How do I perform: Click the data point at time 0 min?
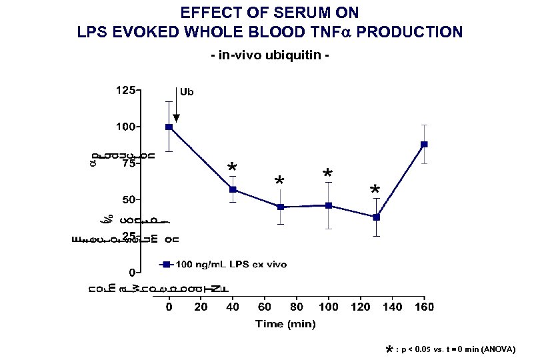coord(169,127)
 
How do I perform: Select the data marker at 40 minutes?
coord(233,189)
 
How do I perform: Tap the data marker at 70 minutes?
coord(281,207)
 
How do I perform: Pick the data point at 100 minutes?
coord(329,205)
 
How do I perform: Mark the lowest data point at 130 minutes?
coord(377,217)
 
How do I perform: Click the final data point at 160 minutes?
coord(424,144)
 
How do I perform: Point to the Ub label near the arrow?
coord(187,92)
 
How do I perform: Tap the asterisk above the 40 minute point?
coord(231,167)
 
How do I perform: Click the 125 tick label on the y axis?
coord(126,89)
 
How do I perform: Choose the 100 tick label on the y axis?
coord(126,126)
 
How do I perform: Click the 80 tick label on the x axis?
coord(297,307)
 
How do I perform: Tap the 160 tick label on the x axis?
coord(424,307)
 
